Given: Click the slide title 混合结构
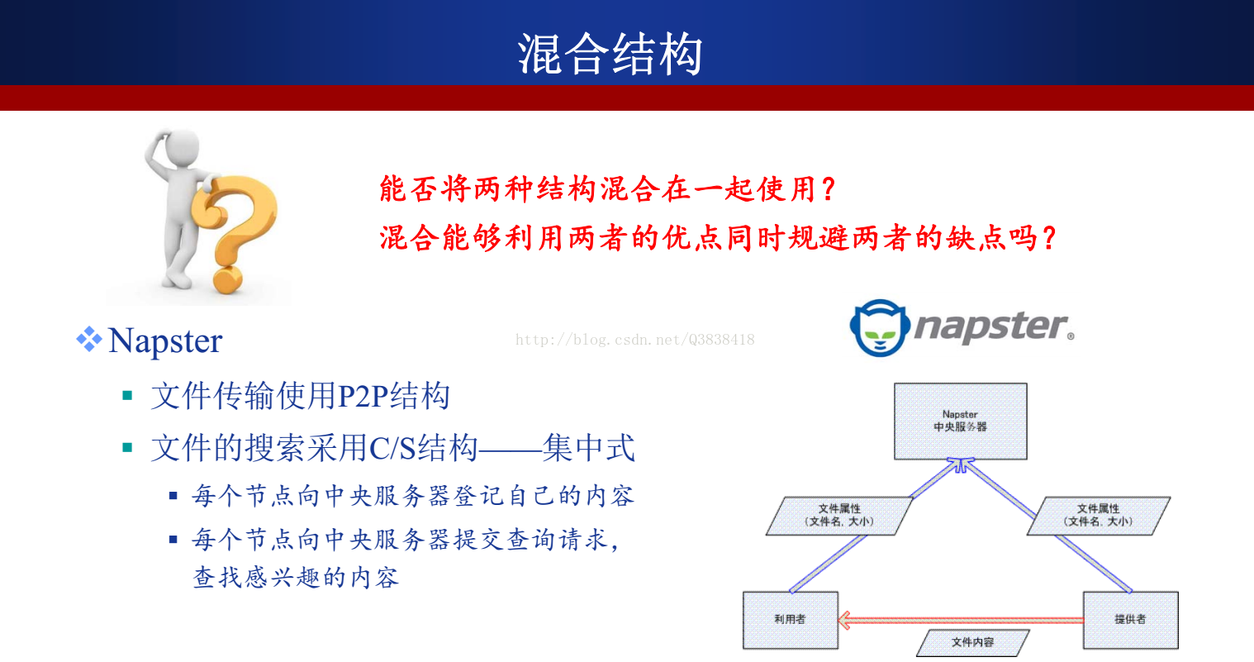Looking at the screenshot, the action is tap(610, 54).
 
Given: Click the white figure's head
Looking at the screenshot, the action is tap(178, 148).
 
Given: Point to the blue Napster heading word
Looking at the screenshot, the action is tap(165, 341).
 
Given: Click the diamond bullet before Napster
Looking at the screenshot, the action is tap(89, 339).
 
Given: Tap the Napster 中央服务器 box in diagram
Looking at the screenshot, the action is tap(960, 421).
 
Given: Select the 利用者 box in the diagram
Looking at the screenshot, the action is tap(791, 620).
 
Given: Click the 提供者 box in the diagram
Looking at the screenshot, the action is tap(1130, 620).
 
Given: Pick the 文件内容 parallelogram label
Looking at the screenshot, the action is tap(973, 642).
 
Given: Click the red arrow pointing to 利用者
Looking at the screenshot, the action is tap(961, 620).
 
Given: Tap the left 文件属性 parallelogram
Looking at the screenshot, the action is tap(839, 515).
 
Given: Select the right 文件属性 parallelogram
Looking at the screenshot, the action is tap(1099, 515).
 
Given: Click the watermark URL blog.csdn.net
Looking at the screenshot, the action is tap(634, 340).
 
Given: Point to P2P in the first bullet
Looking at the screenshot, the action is tap(363, 396).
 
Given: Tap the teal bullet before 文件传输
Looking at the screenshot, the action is tap(128, 396).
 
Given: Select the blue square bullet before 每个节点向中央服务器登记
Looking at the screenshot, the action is tap(173, 496).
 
